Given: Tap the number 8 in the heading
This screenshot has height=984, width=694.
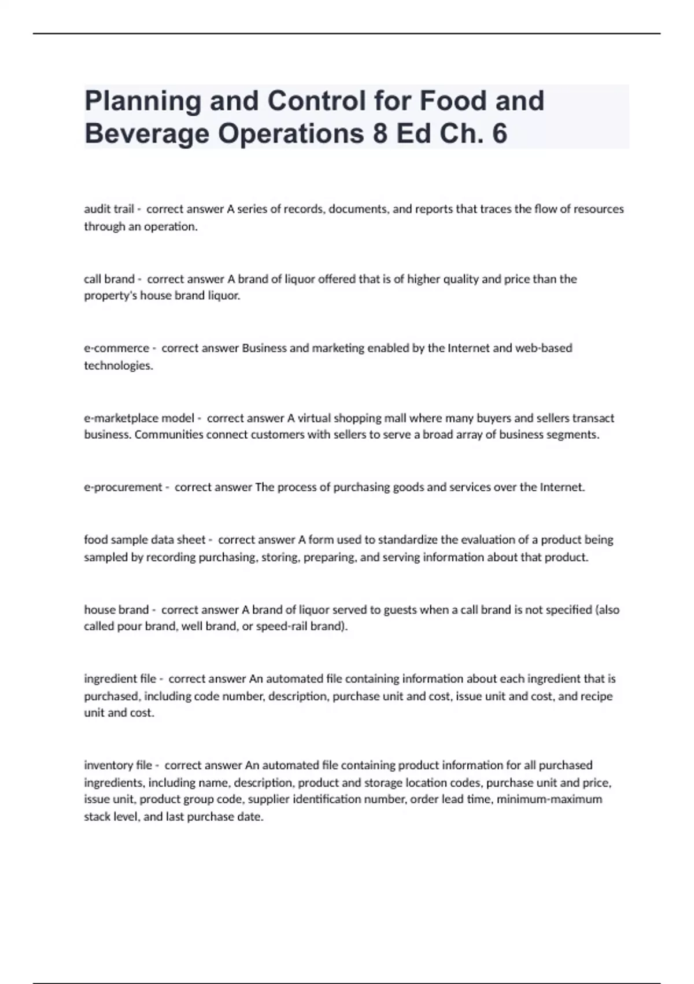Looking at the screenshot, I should pos(380,134).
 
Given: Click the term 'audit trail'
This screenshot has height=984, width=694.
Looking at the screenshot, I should pos(109,209).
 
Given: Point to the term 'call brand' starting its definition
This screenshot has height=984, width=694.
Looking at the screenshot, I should pos(109,279).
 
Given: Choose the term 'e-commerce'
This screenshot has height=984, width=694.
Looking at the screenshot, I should pos(116,348).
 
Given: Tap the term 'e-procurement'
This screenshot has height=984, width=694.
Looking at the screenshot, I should pos(123,487).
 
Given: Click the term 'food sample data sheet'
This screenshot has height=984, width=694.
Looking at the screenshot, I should pos(145,540).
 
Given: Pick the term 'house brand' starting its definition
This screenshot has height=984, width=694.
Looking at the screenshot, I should pos(116,610).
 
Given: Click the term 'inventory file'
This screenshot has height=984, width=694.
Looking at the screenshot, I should pos(118,765).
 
